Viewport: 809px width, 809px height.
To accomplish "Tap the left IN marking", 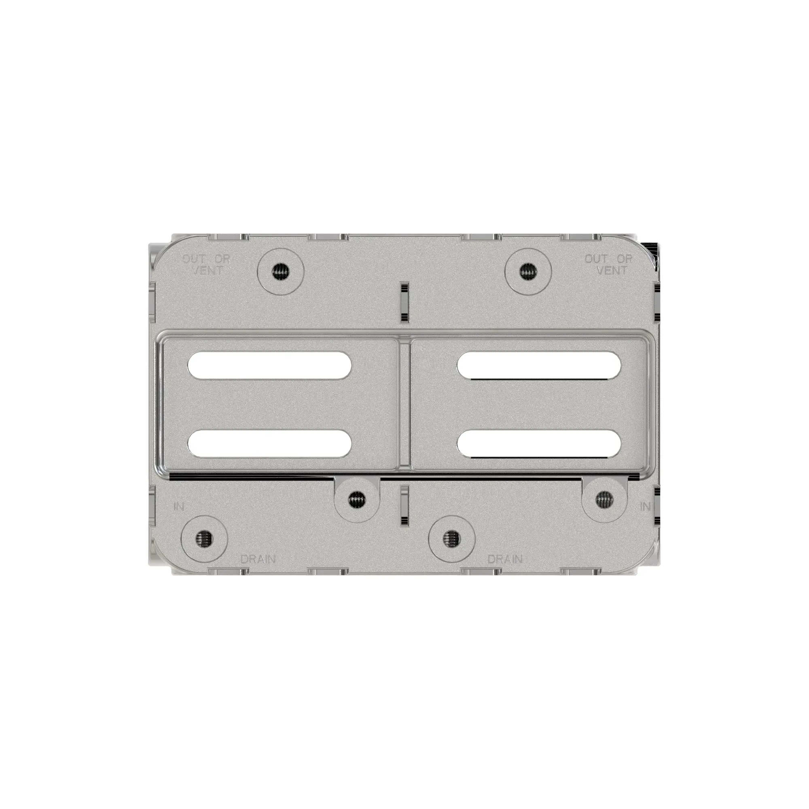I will coord(179,506).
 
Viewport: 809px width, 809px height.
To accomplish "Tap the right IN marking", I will coord(645,507).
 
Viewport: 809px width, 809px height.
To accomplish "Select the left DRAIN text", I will coord(258,559).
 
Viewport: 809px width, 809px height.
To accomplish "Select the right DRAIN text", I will coord(505,559).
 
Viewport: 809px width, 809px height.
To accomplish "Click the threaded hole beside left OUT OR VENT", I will coord(281,273).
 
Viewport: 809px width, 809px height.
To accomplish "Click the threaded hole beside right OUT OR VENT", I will coord(527,272).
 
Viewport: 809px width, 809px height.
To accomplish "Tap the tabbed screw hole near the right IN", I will coord(604,498).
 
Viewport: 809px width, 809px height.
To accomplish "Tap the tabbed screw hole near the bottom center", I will coord(357,499).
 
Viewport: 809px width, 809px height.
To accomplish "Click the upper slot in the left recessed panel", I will coord(270,366).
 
